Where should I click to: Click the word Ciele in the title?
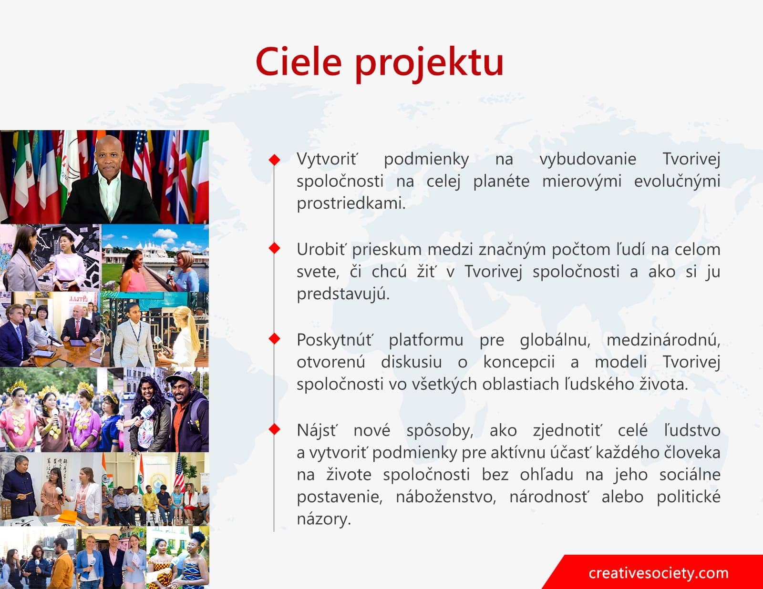[299, 62]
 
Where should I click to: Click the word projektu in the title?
[429, 65]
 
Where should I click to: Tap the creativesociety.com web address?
[659, 573]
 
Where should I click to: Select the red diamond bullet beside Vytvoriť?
[274, 160]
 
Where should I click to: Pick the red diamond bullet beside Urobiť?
[274, 248]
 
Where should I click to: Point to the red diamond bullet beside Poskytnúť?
[274, 338]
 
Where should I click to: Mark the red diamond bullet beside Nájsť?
[274, 429]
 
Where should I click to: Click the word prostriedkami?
[351, 204]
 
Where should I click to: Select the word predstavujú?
[343, 294]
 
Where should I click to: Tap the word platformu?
[426, 340]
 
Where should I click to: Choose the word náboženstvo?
[445, 497]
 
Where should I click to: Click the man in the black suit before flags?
[110, 183]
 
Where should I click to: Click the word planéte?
[501, 182]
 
